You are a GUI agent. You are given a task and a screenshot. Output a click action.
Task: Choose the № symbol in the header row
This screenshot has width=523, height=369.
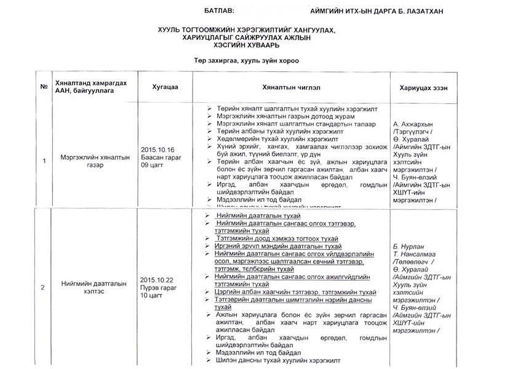click(44, 87)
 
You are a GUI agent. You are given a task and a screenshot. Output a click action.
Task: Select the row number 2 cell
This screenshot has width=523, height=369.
click(43, 287)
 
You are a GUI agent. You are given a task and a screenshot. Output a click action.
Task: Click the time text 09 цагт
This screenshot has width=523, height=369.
click(153, 166)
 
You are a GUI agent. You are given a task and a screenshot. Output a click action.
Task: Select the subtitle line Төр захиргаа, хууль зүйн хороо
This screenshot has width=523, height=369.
click(246, 59)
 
